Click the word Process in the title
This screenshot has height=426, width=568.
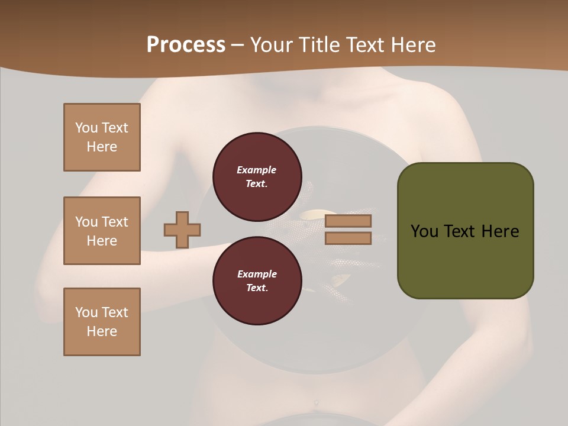tap(186, 45)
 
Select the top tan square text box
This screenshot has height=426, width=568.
tap(102, 137)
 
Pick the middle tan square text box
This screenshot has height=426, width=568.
tap(102, 231)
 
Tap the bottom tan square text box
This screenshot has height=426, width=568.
tap(102, 322)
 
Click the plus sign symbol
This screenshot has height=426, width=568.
tap(182, 230)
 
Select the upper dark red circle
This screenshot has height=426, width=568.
tap(257, 177)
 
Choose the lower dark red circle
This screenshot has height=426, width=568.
tap(257, 281)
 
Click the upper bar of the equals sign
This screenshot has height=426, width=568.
tap(348, 221)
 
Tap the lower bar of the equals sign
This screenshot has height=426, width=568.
tap(348, 238)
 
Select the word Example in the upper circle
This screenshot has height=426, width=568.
tap(257, 170)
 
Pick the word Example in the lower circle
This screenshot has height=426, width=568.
tap(257, 274)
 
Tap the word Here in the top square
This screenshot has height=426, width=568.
tap(102, 147)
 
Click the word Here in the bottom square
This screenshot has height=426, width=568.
tap(102, 331)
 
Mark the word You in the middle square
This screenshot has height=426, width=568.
tap(86, 222)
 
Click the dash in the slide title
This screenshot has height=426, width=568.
tap(238, 45)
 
